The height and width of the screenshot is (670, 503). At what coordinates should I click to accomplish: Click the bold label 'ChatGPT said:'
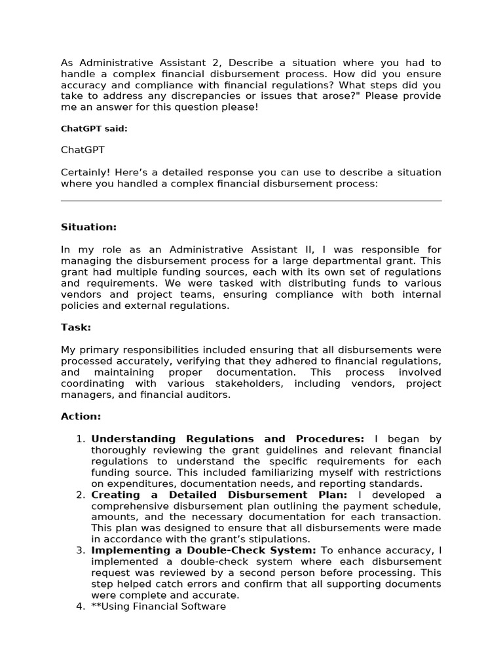[94, 129]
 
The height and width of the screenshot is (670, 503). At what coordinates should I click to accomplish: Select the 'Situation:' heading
[88, 227]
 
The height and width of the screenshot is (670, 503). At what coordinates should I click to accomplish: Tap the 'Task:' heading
[76, 327]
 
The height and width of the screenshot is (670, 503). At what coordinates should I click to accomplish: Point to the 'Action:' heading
[81, 416]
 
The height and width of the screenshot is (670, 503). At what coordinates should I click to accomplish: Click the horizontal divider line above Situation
[251, 201]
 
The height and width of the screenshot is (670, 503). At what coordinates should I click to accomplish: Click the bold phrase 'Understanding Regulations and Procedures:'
[227, 439]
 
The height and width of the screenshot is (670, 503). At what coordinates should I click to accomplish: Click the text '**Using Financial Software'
[158, 607]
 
